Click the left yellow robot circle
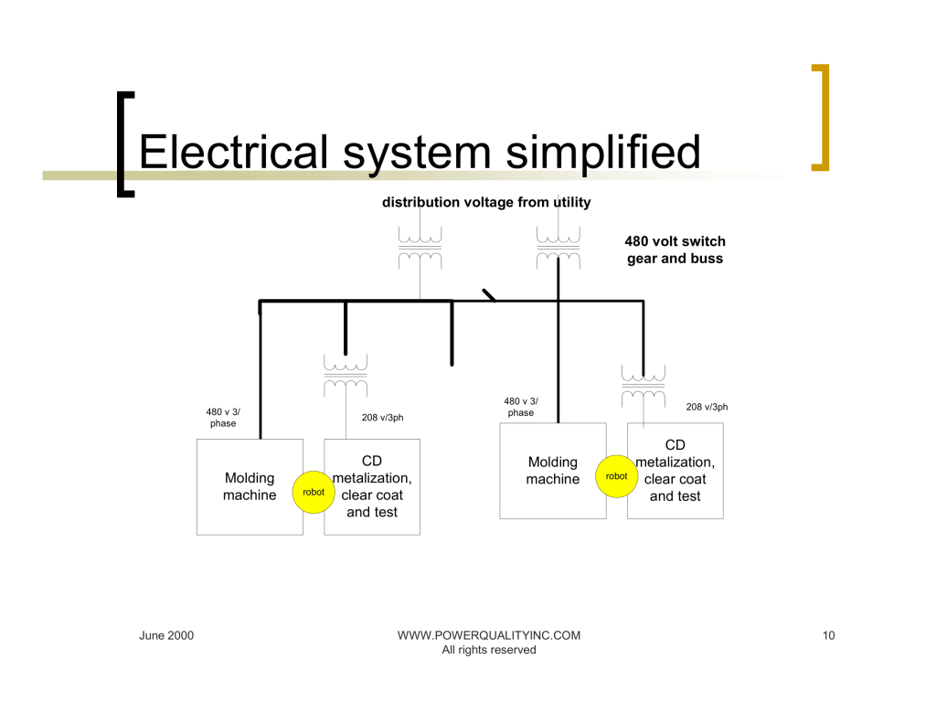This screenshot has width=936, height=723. (314, 492)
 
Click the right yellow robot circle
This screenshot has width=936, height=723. (617, 476)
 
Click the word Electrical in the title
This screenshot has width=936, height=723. (233, 152)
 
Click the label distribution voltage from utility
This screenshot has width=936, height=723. (486, 202)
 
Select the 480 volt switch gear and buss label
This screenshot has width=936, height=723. (675, 250)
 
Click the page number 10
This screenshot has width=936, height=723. (828, 635)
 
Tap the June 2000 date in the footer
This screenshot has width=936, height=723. (166, 635)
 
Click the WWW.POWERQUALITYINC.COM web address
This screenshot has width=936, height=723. (489, 635)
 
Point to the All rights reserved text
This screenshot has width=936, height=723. (489, 650)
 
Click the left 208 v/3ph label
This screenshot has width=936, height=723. (382, 418)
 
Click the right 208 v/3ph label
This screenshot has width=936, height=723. (707, 407)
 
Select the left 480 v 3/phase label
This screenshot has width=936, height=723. (223, 417)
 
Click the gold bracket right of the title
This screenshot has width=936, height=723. (820, 117)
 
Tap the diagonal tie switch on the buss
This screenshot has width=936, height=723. (489, 295)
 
